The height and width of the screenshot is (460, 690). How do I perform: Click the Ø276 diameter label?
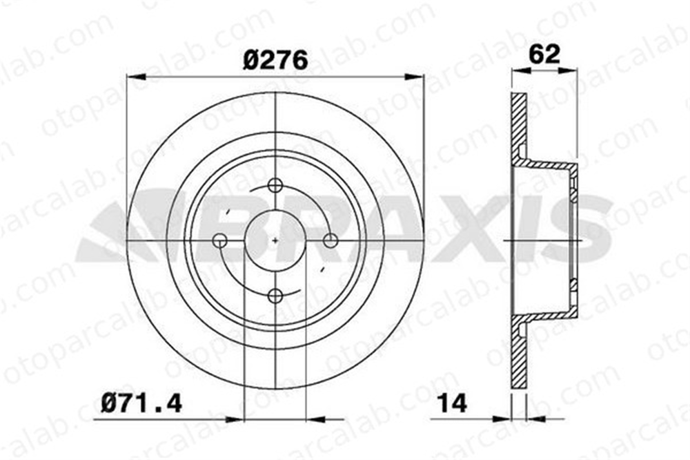pos(275,60)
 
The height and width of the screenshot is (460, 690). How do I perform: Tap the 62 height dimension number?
pos(544,54)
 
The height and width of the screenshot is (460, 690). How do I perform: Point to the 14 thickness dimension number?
pos(453,403)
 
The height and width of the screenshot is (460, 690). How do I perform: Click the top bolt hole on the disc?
pos(275,185)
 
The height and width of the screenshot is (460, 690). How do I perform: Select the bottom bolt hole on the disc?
pos(275,296)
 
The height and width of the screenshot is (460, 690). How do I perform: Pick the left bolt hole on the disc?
pos(219,240)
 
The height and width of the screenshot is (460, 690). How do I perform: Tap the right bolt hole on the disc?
pos(331,240)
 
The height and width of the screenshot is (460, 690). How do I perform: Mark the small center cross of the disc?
pos(275,240)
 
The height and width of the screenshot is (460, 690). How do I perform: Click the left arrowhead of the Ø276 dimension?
pos(135,77)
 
